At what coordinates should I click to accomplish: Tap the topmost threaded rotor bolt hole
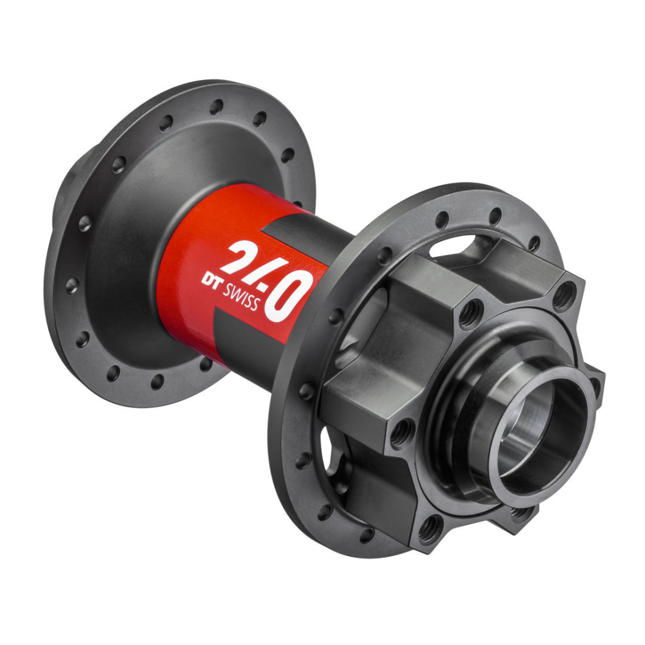coord(564,295)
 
